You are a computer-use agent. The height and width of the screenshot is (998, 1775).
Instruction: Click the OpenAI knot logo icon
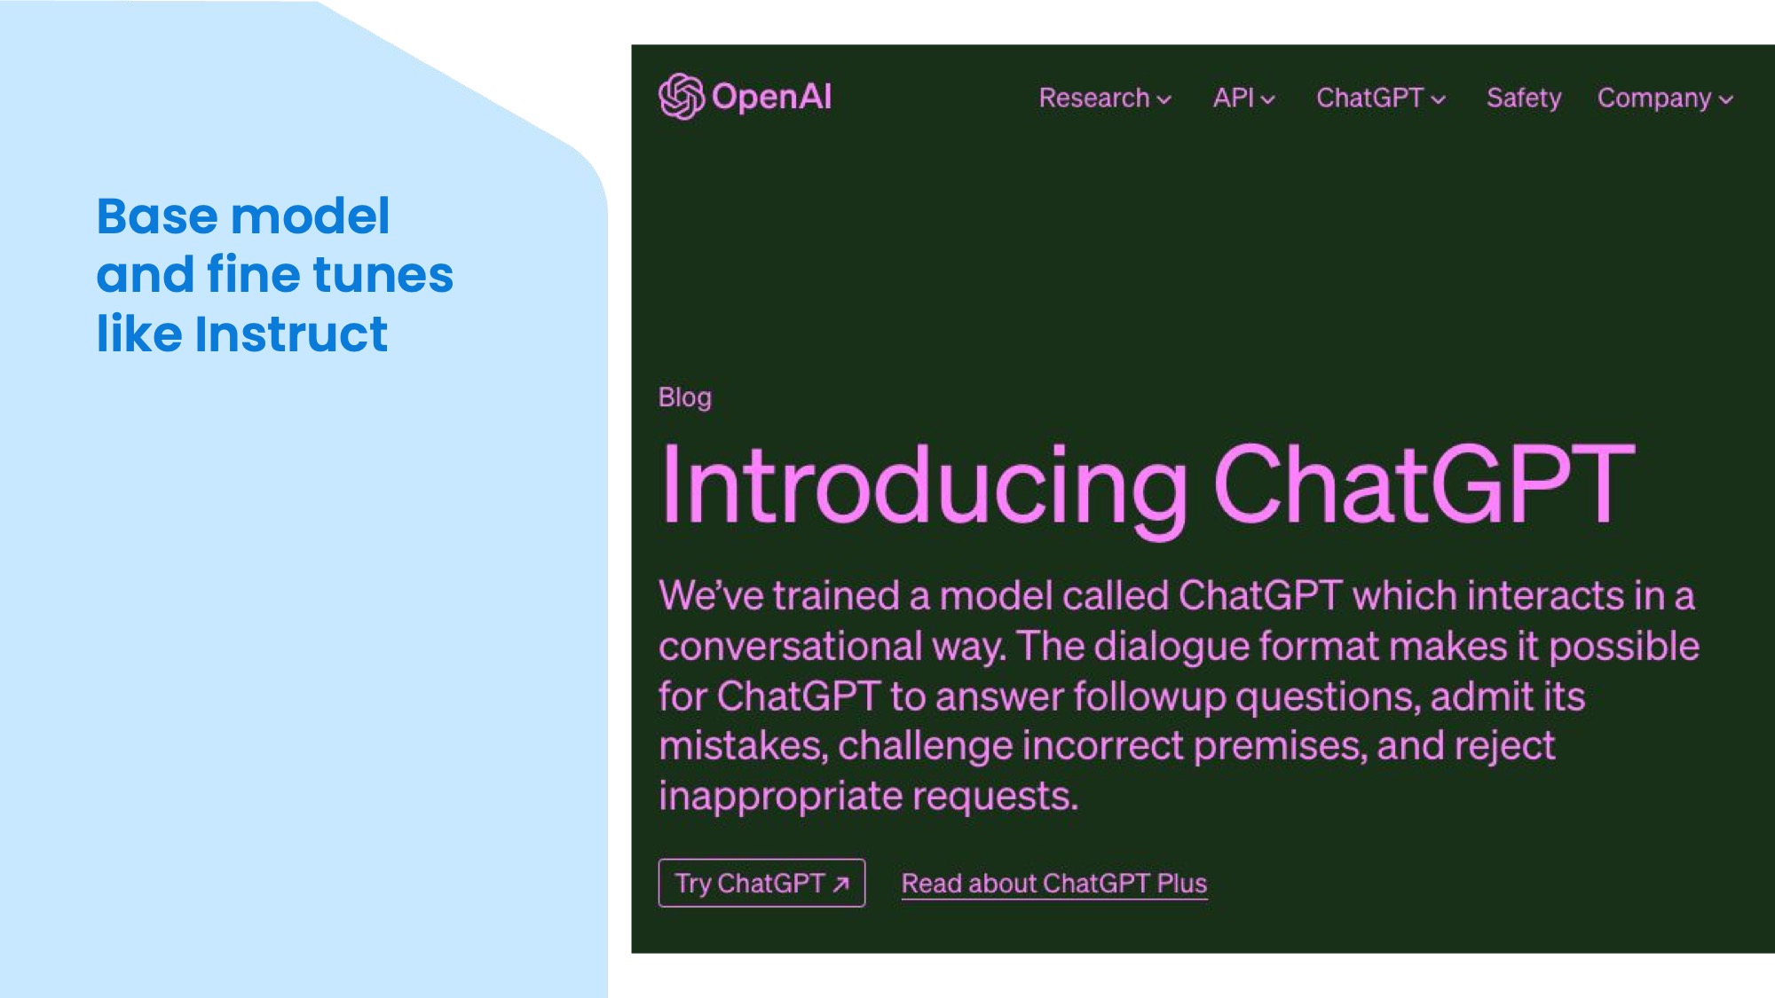(x=682, y=97)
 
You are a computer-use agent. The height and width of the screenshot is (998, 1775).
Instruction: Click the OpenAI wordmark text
(x=771, y=98)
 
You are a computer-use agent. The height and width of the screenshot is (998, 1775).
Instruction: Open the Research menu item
(x=1105, y=98)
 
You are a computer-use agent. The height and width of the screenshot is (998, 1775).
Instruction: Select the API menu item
(x=1243, y=98)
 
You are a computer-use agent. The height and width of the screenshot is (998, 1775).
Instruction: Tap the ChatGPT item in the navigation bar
(x=1381, y=98)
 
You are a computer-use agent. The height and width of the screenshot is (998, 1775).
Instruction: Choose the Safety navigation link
(x=1524, y=98)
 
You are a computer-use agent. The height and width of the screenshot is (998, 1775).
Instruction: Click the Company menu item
(x=1665, y=98)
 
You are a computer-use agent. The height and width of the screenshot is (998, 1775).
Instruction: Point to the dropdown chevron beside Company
(x=1725, y=100)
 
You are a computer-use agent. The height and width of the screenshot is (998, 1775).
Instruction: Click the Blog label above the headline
(x=684, y=397)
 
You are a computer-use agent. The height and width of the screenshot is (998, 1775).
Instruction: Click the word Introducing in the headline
(x=924, y=487)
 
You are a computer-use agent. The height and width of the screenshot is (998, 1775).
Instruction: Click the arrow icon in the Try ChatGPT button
(x=840, y=884)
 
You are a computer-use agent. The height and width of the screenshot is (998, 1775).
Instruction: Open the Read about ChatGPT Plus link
(x=1054, y=884)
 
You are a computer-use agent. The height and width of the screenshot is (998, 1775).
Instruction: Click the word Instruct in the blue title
(x=291, y=334)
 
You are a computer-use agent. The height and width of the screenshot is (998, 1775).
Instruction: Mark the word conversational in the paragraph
(x=832, y=647)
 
